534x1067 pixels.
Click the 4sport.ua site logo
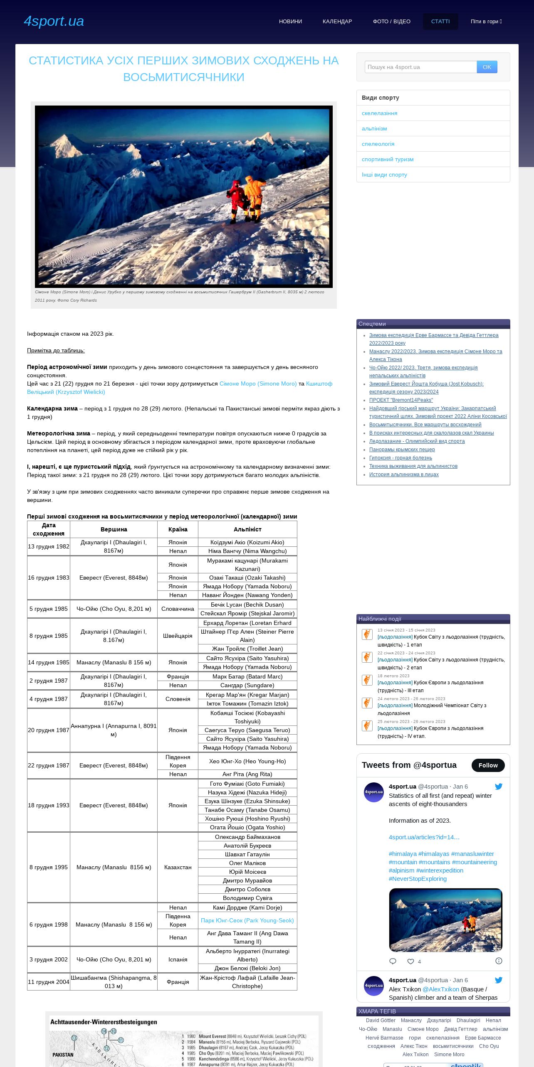(x=54, y=21)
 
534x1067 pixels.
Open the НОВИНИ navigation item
(x=290, y=22)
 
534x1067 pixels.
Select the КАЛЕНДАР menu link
(x=337, y=22)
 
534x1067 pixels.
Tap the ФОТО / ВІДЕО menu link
(x=391, y=22)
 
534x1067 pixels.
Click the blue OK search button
(x=487, y=67)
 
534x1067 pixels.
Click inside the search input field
(x=420, y=67)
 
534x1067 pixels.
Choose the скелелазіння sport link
(x=379, y=113)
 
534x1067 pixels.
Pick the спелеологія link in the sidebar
(x=378, y=144)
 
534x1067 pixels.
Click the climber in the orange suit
(x=255, y=195)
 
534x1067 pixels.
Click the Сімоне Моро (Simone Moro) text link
(x=258, y=384)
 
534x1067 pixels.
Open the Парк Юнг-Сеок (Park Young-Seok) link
(x=247, y=920)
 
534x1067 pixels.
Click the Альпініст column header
(x=247, y=529)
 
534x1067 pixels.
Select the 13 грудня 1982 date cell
(x=49, y=546)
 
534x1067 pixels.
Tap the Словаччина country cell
(x=178, y=609)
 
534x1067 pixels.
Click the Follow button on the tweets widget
(x=488, y=765)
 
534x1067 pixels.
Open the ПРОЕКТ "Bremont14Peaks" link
(x=401, y=400)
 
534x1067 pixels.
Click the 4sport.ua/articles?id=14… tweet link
(x=424, y=837)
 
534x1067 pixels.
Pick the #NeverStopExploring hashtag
(x=418, y=878)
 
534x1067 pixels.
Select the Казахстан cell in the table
(x=178, y=867)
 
